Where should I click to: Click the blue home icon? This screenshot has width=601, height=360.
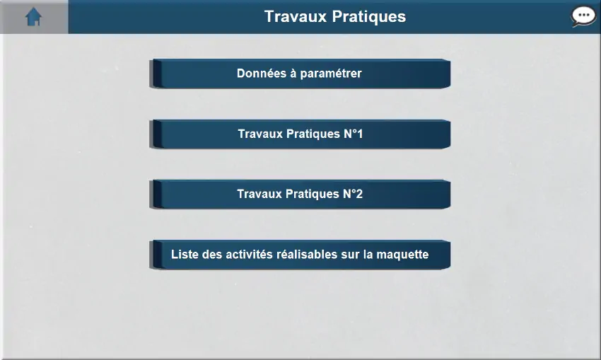coord(33,17)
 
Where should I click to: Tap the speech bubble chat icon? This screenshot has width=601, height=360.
coord(583,16)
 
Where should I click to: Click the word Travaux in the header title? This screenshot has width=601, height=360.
coord(296,16)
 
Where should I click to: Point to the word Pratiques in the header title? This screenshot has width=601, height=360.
coord(368,17)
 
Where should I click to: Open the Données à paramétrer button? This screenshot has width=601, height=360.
coord(300,74)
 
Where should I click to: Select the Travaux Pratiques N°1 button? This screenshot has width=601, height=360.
coord(300,134)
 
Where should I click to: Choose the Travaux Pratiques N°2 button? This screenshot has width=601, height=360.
coord(300,194)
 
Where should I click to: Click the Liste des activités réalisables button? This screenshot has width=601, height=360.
coord(300,255)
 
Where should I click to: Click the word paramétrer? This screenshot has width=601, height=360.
coord(331,74)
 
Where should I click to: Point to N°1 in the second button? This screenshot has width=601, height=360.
coord(353,134)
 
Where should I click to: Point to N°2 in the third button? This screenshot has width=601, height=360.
coord(353,194)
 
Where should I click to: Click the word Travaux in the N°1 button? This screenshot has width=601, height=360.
coord(260,134)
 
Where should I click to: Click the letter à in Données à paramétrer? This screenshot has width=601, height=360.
coord(293,74)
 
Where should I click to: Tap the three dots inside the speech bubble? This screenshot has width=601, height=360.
coord(583,16)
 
